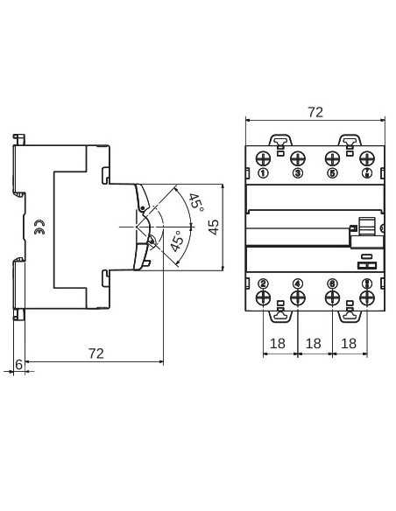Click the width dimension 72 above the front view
pos(315,112)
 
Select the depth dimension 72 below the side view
pos(96,353)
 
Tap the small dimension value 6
pos(18,363)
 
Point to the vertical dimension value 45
pos(213,227)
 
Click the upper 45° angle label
pos(195,203)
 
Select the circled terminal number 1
pos(264,173)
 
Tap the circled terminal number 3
pos(298,173)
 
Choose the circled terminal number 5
pos(332,173)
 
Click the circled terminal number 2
pos(264,283)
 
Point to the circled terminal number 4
pos(298,283)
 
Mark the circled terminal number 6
pos(332,283)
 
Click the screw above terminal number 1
pos(264,158)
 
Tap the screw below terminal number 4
pos(298,298)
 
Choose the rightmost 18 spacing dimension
pos(349,345)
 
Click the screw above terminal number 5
pos(332,158)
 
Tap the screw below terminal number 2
pos(264,298)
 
